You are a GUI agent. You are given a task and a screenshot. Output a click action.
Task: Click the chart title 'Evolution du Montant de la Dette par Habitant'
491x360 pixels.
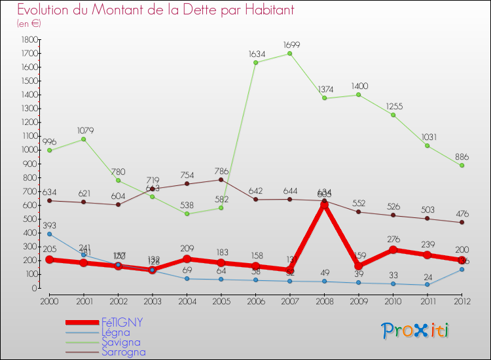tap(156, 10)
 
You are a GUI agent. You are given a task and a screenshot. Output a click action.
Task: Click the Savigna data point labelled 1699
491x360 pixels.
tap(290, 54)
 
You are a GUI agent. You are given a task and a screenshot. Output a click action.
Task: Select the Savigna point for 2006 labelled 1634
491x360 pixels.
tap(255, 63)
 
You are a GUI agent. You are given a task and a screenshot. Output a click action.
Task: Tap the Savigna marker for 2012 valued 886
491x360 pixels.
tap(462, 166)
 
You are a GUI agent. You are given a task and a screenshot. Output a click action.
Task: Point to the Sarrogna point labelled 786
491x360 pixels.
tap(221, 179)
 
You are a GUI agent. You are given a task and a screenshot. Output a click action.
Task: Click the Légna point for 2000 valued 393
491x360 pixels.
tap(49, 234)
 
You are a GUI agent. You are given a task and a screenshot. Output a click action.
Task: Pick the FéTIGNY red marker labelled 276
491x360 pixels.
tap(393, 250)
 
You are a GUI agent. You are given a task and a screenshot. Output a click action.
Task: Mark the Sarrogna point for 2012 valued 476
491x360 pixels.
tap(462, 223)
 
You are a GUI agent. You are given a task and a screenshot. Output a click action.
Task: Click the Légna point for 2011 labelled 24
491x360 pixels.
tap(427, 285)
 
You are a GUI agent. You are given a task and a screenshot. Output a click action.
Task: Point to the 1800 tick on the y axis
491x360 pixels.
tap(29, 40)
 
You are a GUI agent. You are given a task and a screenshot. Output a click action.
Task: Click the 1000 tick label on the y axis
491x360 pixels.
tap(29, 150)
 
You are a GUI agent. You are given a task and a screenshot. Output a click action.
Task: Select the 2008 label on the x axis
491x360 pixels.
tap(324, 301)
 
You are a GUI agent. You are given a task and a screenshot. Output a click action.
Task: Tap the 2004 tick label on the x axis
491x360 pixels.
tap(187, 301)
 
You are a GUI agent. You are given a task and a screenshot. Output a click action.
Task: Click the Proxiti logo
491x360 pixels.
tap(416, 331)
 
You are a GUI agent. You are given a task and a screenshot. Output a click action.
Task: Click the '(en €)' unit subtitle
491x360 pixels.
tap(29, 24)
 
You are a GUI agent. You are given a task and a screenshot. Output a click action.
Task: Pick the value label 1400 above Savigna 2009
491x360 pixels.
tap(359, 86)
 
